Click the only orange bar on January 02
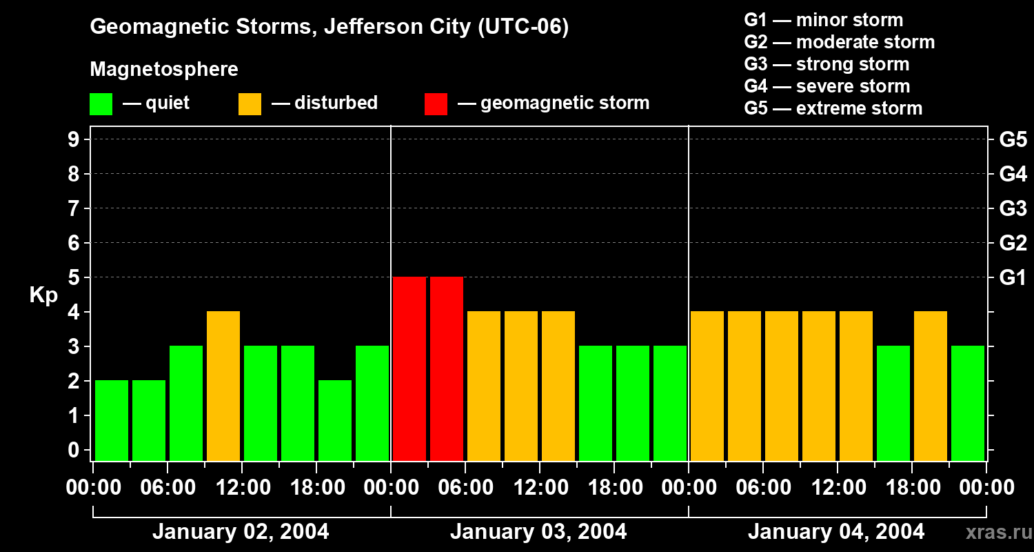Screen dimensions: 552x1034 [223, 386]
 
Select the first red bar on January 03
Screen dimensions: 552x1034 [409, 368]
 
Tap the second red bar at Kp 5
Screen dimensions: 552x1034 [447, 368]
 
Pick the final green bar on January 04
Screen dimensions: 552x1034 [968, 403]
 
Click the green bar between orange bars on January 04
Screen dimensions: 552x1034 [893, 403]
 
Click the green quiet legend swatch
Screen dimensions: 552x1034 [101, 104]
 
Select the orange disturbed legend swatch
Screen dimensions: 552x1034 [250, 104]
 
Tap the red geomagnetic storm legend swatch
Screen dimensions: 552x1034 [436, 104]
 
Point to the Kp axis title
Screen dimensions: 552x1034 [43, 295]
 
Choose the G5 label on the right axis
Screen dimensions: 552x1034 [1013, 140]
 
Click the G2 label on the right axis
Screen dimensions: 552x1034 [1013, 244]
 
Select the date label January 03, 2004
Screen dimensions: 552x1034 [538, 532]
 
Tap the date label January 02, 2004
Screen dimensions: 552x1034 [241, 532]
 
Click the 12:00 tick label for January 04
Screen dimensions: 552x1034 [838, 488]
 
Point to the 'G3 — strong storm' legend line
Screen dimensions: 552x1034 [827, 64]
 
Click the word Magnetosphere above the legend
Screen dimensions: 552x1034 [164, 70]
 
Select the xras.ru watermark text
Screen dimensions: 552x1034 [998, 532]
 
